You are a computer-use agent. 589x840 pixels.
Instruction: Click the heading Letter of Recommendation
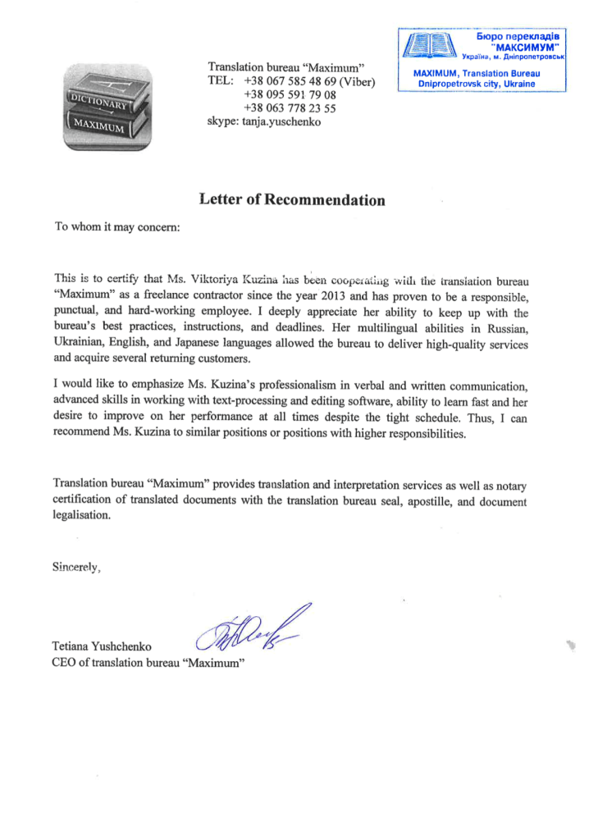(x=292, y=199)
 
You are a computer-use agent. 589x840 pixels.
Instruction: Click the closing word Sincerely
(x=76, y=566)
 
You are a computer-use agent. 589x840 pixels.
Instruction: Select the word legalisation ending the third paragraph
(x=80, y=517)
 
